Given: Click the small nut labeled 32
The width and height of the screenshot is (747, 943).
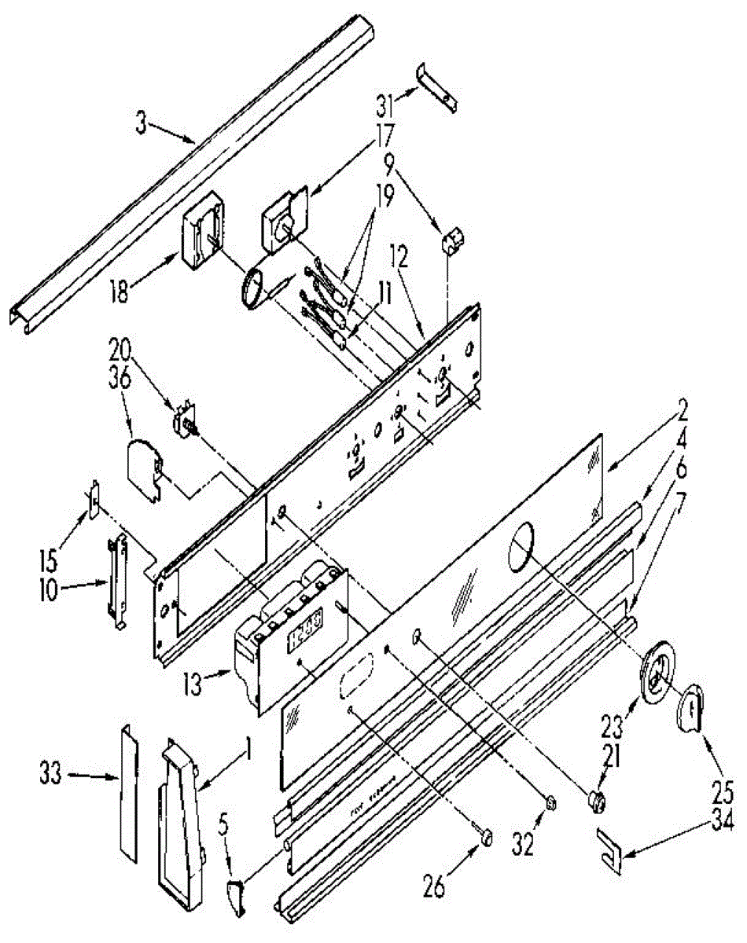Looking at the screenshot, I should click(551, 802).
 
